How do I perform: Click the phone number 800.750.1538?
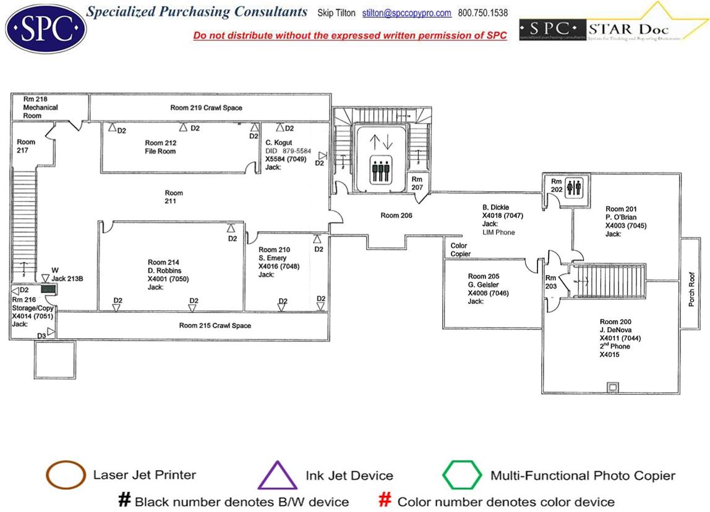[x=483, y=13]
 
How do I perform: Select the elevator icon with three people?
[x=381, y=169]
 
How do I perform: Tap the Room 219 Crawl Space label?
[x=206, y=108]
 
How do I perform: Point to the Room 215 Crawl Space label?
[x=215, y=325]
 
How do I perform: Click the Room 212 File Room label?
[x=160, y=147]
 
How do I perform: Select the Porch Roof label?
[x=691, y=289]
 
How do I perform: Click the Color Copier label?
[x=461, y=250]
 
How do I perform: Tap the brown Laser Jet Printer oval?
[x=66, y=476]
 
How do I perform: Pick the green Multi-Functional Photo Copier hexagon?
[x=462, y=476]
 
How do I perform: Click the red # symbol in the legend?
[x=385, y=500]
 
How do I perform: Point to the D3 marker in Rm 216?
[x=41, y=335]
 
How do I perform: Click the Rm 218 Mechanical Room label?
[x=40, y=107]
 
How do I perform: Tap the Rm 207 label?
[x=417, y=183]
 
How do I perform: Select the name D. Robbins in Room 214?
[x=163, y=271]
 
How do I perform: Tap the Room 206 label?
[x=396, y=215]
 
